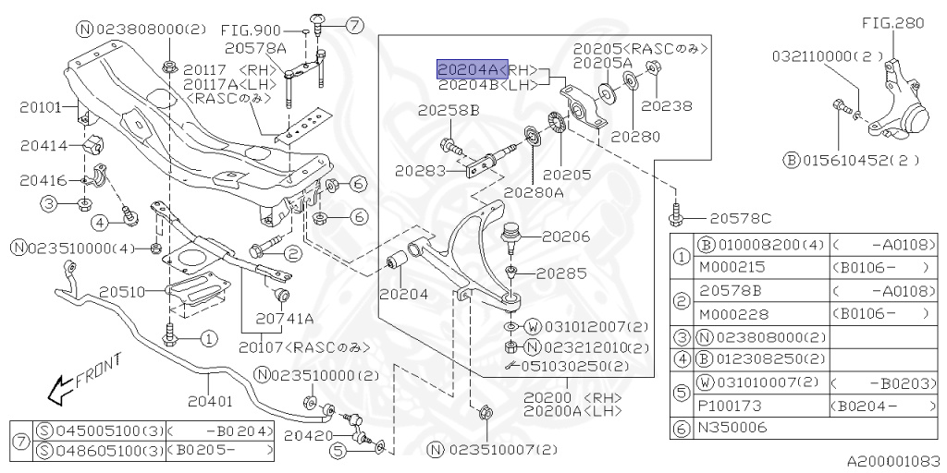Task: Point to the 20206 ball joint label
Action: point(565,237)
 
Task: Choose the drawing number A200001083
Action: point(892,459)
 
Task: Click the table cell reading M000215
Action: point(726,266)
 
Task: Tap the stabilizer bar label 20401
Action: point(209,402)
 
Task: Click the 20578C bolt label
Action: point(740,219)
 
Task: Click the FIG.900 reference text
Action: point(252,30)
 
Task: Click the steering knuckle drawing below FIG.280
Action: point(901,102)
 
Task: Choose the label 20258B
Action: point(448,111)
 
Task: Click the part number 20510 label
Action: point(121,292)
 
